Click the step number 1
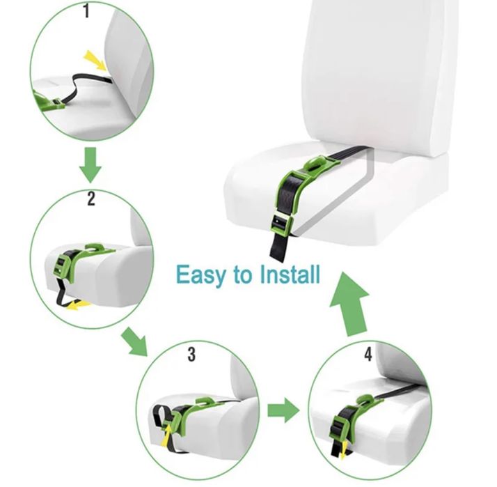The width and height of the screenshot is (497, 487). click(x=86, y=12)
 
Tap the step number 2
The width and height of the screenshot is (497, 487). click(x=91, y=199)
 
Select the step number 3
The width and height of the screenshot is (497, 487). click(x=191, y=355)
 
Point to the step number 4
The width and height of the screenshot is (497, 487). click(x=368, y=355)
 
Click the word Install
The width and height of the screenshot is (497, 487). click(x=290, y=274)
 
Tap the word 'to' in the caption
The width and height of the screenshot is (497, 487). click(x=242, y=275)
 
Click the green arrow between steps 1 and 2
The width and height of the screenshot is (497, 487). click(x=90, y=165)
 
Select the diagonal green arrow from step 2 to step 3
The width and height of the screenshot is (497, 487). click(x=135, y=342)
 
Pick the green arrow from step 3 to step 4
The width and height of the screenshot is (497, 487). click(x=283, y=410)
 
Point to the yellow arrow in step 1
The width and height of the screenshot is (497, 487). click(x=95, y=60)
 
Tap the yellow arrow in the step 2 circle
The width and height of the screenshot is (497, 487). click(x=79, y=306)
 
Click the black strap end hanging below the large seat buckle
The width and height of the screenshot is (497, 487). click(x=279, y=246)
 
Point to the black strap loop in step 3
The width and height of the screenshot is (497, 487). click(x=161, y=416)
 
